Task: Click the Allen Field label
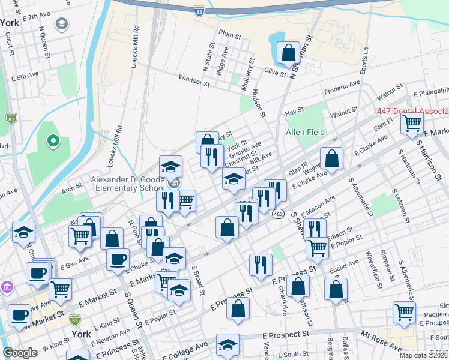click(305, 132)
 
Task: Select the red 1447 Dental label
click(410, 112)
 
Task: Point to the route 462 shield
click(278, 214)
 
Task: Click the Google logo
click(20, 353)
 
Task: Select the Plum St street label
click(230, 34)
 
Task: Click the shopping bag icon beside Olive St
click(289, 53)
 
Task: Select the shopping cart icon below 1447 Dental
click(412, 124)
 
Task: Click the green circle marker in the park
click(53, 141)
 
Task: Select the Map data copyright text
click(424, 355)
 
